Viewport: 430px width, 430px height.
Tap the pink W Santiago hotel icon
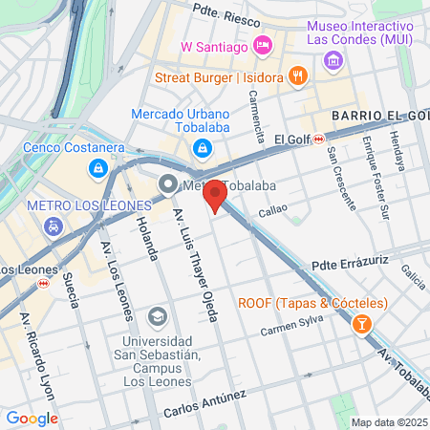pos(264,45)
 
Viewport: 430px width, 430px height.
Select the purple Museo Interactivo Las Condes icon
pos(333,61)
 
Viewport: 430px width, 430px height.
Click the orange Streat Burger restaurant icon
pos(298,76)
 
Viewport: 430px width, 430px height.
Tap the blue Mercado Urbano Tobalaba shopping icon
pos(203,147)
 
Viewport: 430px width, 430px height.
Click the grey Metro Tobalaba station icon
pos(169,184)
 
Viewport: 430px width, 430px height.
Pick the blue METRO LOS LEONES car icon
pos(54,227)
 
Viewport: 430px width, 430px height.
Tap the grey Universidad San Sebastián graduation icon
pos(157,316)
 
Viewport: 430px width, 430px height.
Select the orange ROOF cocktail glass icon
pos(362,325)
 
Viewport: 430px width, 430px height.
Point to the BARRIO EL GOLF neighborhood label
pos(377,116)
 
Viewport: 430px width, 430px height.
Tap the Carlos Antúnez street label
pos(204,402)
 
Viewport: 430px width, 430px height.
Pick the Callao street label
pos(272,210)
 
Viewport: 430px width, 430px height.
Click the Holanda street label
pos(146,240)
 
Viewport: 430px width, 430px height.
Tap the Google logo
pos(32,419)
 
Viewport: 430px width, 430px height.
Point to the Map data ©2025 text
pos(386,422)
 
